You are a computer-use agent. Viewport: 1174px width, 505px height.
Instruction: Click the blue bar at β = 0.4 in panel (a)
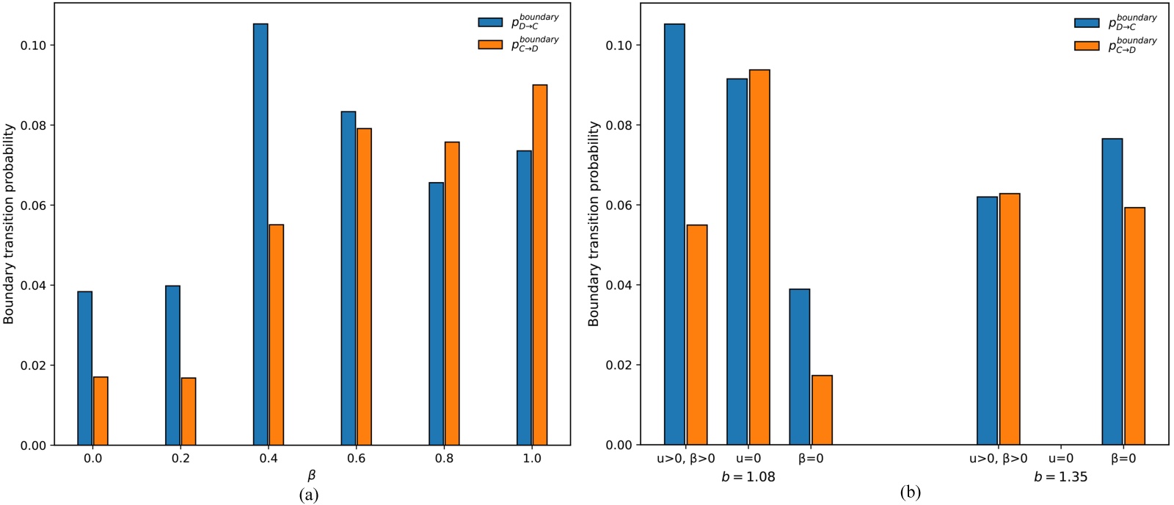coord(260,235)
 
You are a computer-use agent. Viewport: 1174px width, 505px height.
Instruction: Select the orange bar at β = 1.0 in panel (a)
coord(540,265)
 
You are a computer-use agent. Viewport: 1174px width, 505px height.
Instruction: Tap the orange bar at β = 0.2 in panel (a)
coord(189,412)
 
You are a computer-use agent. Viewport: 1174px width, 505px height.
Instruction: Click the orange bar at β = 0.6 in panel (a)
coord(364,287)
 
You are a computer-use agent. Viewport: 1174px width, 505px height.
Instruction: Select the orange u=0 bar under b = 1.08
coord(759,258)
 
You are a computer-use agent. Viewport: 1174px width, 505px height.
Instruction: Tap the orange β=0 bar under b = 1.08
coord(822,410)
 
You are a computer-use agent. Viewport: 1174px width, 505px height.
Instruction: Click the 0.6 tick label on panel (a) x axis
coord(356,459)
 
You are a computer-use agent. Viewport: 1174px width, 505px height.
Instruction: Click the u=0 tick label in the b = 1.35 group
coord(1060,459)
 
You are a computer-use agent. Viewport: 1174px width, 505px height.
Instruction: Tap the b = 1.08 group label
coord(748,477)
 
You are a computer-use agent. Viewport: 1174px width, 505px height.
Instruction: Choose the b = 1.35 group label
coord(1060,477)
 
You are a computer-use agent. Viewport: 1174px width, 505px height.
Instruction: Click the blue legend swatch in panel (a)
coord(490,22)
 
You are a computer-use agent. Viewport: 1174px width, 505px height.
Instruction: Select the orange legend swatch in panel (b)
coord(1087,46)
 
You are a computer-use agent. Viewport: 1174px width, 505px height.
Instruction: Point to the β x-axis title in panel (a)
coord(312,476)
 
